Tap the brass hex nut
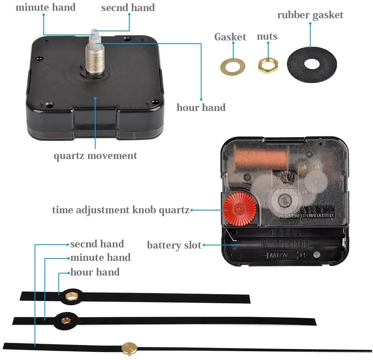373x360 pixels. coord(268,65)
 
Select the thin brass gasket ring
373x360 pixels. coord(233,66)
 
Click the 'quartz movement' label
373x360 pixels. coord(95,155)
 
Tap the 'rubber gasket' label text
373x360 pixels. coord(310,15)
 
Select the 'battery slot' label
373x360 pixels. coord(174,245)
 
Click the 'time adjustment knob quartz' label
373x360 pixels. coord(121,210)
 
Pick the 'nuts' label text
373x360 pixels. coord(267,36)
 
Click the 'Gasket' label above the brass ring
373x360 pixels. coord(230,37)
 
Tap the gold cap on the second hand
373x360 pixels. coord(129,348)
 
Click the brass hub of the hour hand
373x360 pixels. coord(72,295)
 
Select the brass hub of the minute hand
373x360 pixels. coord(65,319)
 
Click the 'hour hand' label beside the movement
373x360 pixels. coord(201,107)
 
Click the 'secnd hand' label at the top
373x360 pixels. coord(128,8)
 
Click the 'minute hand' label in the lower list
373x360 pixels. coord(100,258)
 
